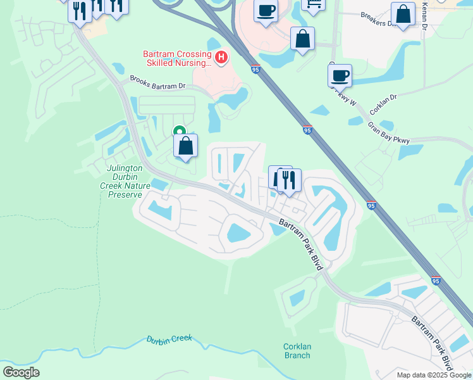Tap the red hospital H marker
pos(221,58)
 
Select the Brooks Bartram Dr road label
pos(157,82)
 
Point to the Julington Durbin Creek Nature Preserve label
pos(121,181)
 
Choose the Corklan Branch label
pos(297,351)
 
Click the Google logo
pos(21,372)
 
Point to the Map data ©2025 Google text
pos(434,375)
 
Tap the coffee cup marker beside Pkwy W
pos(340,75)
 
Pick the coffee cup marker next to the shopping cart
pos(266,11)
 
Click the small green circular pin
pos(179,132)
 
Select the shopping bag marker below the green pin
pos(185,146)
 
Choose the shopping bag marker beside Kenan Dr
pos(403,14)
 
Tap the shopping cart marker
pos(312,4)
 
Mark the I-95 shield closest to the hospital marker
pos(255,69)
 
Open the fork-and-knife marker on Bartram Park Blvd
pos(289,180)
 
